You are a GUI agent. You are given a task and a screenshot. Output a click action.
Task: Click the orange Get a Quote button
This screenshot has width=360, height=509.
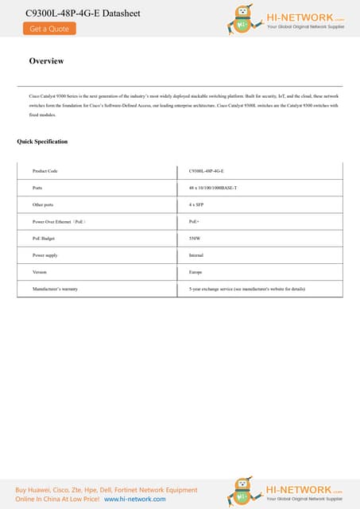(49, 29)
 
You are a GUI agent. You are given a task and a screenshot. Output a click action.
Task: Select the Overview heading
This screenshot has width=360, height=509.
(46, 61)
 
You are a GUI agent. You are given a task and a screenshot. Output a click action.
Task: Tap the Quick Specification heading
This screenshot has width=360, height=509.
(42, 142)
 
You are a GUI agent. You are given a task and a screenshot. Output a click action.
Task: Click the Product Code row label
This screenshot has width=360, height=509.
(45, 171)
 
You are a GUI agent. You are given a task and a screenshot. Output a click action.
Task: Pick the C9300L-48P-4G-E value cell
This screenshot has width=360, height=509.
(207, 171)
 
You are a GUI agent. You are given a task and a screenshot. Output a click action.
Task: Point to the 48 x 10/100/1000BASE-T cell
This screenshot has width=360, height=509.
(213, 188)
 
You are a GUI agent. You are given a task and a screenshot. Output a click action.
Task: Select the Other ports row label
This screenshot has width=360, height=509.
(43, 204)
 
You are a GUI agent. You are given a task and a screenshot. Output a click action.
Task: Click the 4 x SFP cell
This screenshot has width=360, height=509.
(197, 204)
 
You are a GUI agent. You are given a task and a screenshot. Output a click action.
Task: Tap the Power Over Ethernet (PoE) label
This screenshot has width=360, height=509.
(59, 221)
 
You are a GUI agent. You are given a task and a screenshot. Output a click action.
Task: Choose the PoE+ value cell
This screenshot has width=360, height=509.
(194, 221)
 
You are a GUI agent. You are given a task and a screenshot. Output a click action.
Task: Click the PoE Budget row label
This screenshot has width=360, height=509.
(44, 238)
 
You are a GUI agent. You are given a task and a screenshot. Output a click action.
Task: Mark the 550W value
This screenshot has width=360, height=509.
(195, 238)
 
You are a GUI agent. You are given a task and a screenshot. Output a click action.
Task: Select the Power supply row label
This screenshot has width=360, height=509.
(45, 254)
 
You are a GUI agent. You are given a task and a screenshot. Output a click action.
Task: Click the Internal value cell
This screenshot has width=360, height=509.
(196, 254)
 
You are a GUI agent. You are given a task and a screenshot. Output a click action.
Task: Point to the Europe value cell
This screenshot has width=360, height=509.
(195, 271)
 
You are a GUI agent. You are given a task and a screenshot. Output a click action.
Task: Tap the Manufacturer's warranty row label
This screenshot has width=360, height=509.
(55, 289)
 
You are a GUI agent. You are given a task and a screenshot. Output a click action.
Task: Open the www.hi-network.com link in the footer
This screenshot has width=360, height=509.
(135, 499)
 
